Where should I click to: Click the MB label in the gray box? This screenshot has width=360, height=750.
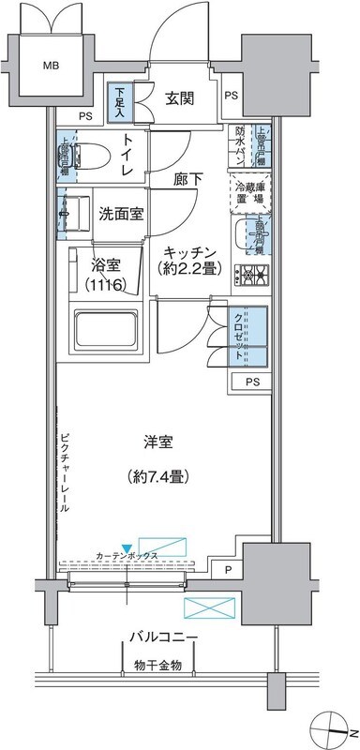[x=52, y=66]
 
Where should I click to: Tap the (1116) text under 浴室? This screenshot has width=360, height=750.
[x=109, y=284]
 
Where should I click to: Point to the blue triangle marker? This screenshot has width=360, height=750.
[x=127, y=550]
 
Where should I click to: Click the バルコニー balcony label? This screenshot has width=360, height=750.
[x=163, y=638]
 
